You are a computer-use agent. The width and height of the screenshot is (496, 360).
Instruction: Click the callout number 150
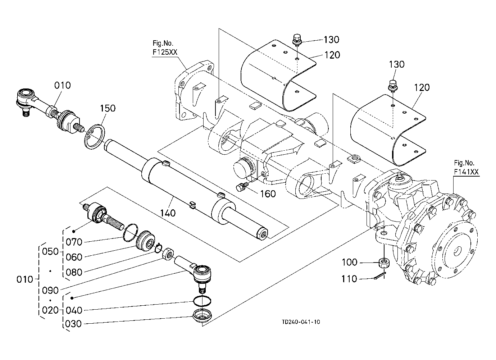click(x=108, y=108)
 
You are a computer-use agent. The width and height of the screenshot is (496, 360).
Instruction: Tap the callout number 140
click(x=168, y=213)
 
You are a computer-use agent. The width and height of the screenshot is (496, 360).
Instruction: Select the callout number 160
click(x=268, y=194)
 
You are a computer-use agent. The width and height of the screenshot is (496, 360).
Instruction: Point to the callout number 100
click(x=350, y=263)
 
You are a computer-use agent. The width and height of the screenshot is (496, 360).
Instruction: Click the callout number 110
click(x=350, y=279)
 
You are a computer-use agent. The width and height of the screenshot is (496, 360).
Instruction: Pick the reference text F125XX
click(x=165, y=52)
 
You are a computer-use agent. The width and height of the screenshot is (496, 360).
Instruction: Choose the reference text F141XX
click(x=466, y=172)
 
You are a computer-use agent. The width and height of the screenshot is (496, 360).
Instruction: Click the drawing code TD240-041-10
click(x=301, y=322)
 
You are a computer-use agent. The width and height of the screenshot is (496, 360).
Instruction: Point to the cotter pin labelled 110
click(x=379, y=277)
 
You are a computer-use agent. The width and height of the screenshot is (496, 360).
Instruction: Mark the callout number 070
click(x=74, y=242)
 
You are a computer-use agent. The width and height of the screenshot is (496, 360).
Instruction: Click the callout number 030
click(x=74, y=324)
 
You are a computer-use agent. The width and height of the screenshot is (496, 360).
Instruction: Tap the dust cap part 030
click(x=203, y=316)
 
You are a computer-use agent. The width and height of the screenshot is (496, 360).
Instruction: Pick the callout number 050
click(x=50, y=251)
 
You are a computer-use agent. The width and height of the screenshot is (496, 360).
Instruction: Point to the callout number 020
click(x=50, y=310)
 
